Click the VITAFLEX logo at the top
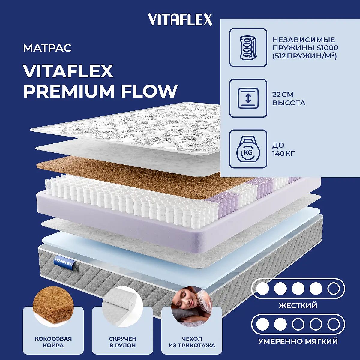(x=180, y=19)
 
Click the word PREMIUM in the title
(x=69, y=91)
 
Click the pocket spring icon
(x=248, y=47)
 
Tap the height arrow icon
(x=248, y=98)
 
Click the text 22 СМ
(x=283, y=94)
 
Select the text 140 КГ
(x=283, y=154)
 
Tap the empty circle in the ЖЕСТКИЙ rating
(x=333, y=289)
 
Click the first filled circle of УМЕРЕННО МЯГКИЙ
(x=263, y=325)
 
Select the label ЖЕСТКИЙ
(x=298, y=305)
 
